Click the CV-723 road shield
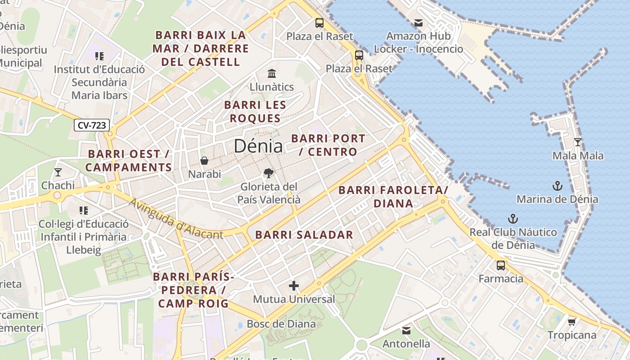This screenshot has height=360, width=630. tap(92, 125)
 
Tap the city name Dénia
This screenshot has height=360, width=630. tap(258, 146)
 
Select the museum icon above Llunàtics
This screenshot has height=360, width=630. tap(272, 73)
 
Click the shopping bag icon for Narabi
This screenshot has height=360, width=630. tap(204, 161)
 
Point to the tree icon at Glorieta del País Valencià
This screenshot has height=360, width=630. tap(269, 173)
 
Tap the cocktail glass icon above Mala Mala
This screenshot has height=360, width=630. tap(578, 142)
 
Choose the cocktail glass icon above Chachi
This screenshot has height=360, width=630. tap(58, 172)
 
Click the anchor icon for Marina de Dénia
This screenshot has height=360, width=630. tap(557, 186)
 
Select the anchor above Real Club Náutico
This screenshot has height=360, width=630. tap(513, 219)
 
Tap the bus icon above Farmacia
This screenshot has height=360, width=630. tap(501, 265)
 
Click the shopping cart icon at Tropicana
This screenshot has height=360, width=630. tap(571, 322)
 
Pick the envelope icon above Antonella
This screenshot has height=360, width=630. tap(406, 331)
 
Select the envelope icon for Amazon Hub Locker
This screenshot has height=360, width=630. tap(418, 23)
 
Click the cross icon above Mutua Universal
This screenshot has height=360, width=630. tap(294, 286)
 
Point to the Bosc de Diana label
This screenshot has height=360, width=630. tap(281, 324)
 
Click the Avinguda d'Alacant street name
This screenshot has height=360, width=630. tap(176, 219)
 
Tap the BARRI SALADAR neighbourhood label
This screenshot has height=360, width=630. tap(304, 234)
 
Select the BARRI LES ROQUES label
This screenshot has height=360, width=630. tap(255, 112)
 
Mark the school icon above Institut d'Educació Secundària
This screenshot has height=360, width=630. tap(99, 56)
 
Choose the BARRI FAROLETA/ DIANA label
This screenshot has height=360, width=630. tap(393, 197)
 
